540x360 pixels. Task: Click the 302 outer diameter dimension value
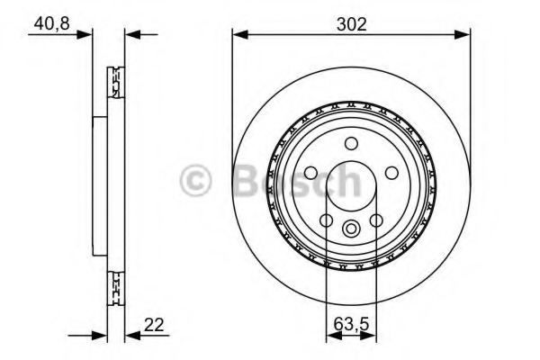[351, 24]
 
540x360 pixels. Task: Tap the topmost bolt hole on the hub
[352, 142]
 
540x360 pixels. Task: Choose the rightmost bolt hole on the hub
[392, 173]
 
